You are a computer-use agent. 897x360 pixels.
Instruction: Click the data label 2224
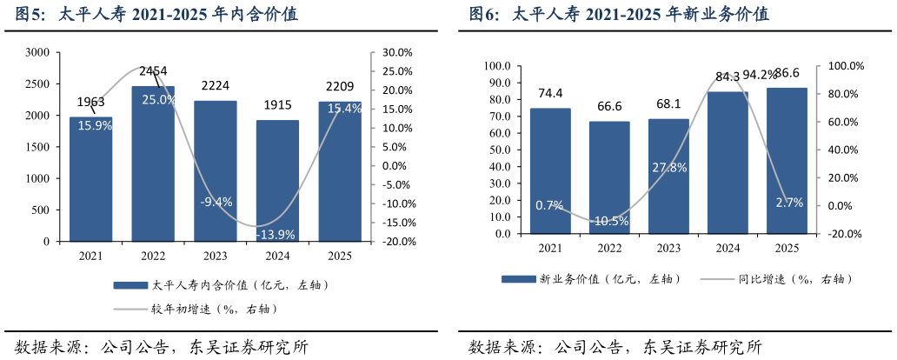tap(216, 86)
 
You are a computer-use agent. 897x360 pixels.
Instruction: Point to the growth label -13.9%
tap(276, 234)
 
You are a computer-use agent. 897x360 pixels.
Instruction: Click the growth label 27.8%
tap(668, 167)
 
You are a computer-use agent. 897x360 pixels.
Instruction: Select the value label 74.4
tap(550, 93)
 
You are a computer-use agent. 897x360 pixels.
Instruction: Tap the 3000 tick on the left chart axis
tap(37, 52)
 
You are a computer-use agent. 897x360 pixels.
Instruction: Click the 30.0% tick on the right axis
tap(395, 52)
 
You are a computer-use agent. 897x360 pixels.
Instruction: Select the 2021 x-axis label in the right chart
tap(549, 248)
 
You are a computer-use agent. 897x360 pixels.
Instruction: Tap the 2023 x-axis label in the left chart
tap(215, 256)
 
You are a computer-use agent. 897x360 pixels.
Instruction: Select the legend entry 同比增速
tap(794, 279)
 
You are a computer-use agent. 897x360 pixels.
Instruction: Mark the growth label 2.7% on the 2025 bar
tap(787, 203)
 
